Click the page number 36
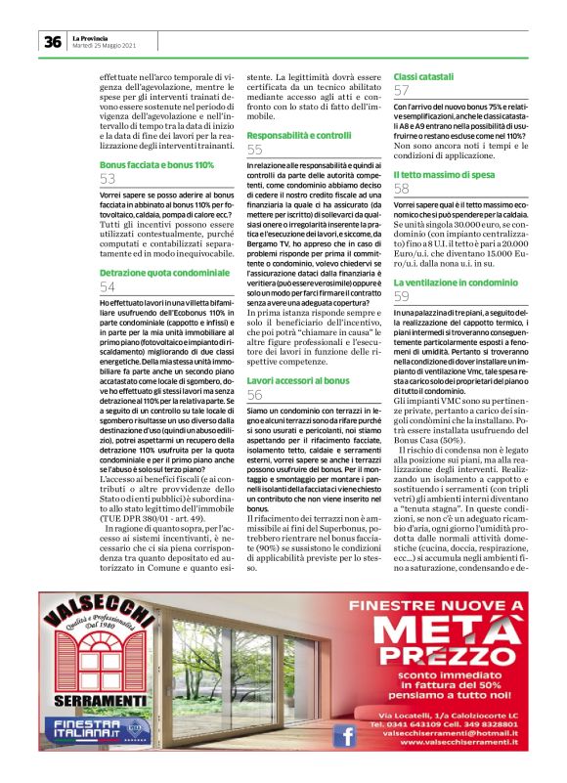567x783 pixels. pos(52,41)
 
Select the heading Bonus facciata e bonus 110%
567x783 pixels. pos(157,164)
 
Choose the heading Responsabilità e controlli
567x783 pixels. pos(299,135)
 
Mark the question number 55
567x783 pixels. pos(255,151)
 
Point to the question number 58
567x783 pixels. pos(402,189)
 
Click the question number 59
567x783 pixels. pos(402,296)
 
